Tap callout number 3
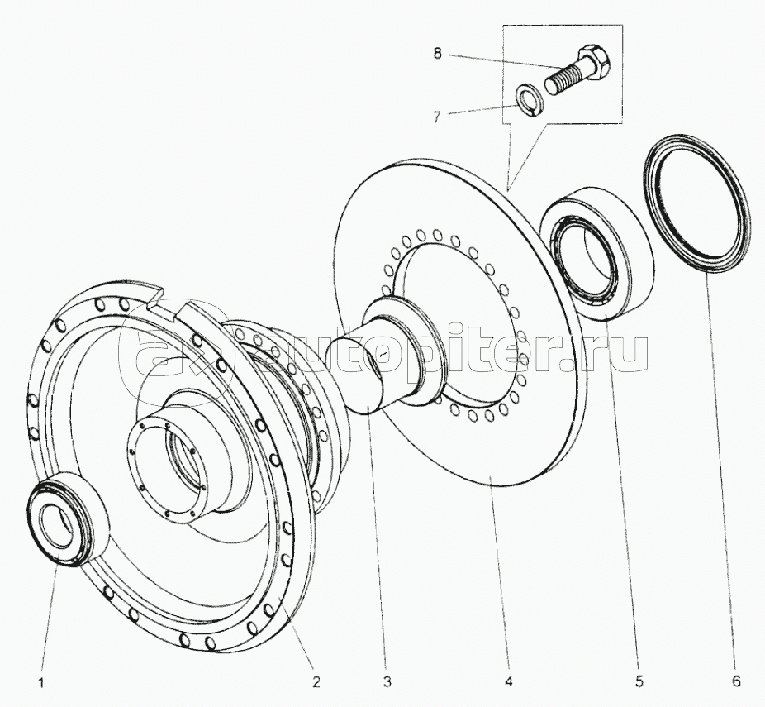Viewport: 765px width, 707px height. point(386,682)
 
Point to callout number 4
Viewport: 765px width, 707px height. point(510,682)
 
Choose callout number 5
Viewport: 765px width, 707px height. point(639,682)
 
